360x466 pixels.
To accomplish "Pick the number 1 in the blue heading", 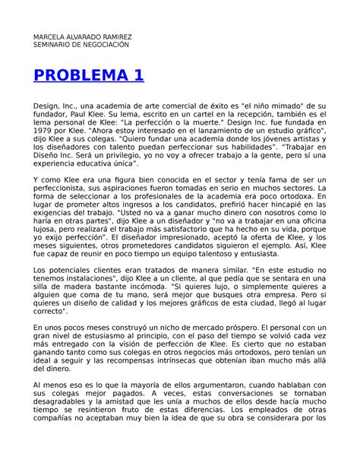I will click(x=137, y=76).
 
